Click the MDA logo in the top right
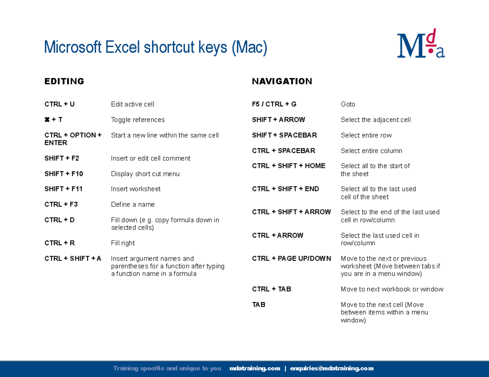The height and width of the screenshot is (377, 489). [421, 44]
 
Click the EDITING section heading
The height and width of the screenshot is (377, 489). [64, 81]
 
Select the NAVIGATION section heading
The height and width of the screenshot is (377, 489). [282, 81]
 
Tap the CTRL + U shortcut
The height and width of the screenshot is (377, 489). [59, 104]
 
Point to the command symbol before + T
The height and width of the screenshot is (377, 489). [47, 120]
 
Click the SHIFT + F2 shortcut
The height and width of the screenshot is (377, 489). [62, 158]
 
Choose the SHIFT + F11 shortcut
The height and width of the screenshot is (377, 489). [64, 189]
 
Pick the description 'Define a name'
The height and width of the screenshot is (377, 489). [133, 205]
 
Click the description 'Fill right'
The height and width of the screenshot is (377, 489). [123, 243]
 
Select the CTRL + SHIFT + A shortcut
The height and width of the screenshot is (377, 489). [73, 259]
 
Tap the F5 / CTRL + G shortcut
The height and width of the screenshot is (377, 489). [274, 104]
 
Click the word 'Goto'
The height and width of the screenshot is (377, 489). [348, 105]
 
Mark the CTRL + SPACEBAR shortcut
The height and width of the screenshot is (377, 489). [284, 151]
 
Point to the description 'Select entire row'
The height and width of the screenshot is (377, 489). [366, 135]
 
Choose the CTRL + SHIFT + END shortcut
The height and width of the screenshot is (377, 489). [286, 189]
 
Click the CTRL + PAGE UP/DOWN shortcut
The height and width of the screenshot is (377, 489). [292, 259]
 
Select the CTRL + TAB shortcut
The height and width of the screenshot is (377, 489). [272, 289]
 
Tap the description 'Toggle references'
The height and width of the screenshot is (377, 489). [138, 120]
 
